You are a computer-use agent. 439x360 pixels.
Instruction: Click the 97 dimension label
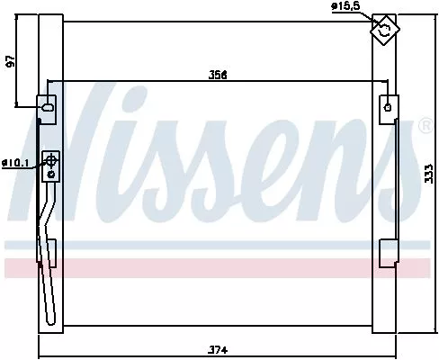coord(11,61)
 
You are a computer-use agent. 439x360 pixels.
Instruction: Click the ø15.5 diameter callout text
coord(345,7)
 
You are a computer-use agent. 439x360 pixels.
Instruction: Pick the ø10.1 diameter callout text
coord(15,163)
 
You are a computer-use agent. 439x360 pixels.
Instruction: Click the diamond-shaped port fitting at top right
coord(385,30)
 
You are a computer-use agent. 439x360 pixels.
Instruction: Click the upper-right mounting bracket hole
coord(388,105)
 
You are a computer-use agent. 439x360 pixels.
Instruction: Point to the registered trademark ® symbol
coord(425,127)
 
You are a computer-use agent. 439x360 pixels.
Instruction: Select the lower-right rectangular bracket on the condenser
coord(389,252)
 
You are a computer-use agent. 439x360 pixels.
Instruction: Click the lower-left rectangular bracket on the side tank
coord(50,252)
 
